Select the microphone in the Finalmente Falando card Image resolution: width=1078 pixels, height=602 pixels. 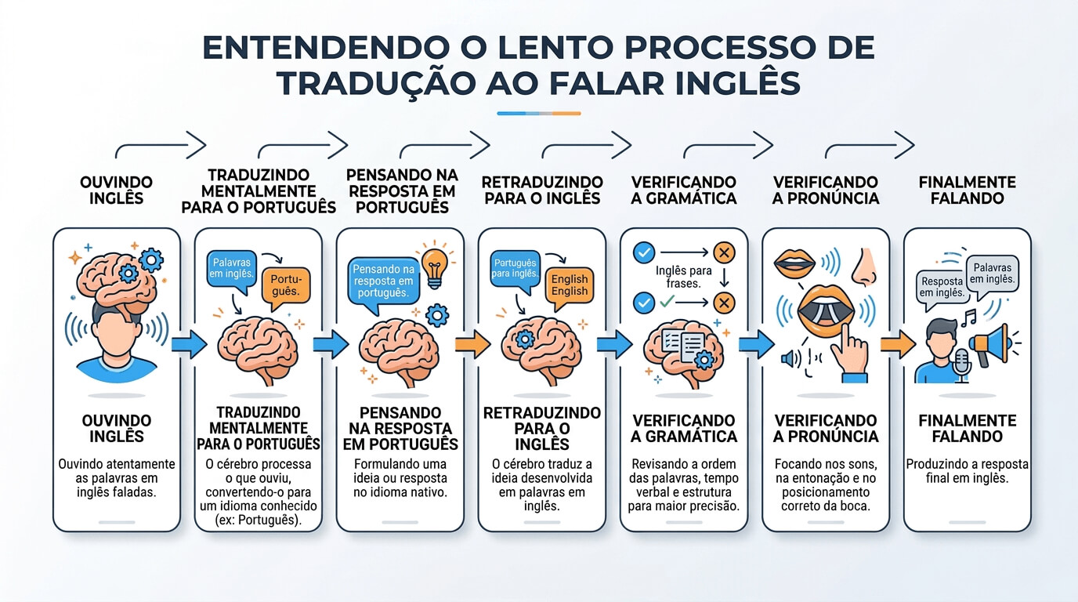pos(962,363)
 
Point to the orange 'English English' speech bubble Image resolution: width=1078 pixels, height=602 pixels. pos(570,285)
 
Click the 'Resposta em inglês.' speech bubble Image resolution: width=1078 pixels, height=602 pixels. pos(942,286)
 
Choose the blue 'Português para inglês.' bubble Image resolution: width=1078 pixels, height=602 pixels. pos(514,267)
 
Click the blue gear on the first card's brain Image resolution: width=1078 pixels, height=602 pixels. pos(150,259)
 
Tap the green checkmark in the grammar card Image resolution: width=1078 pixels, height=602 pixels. pos(667,301)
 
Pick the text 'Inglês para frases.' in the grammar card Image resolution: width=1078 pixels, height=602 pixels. pos(678,277)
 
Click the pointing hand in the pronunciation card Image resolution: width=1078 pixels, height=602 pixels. pos(848,351)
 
